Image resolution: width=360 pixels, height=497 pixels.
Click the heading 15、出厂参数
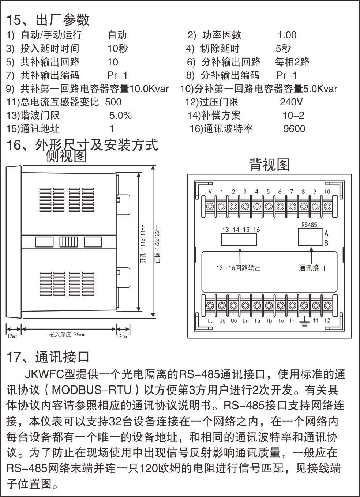coord(48,19)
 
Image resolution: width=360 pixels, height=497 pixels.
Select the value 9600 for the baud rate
coord(294,129)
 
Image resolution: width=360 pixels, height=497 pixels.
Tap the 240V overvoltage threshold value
coord(291,102)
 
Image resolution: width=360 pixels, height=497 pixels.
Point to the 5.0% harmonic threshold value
coord(120,116)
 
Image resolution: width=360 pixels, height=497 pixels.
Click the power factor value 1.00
coord(287,35)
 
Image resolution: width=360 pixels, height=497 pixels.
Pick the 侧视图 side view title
coord(66,156)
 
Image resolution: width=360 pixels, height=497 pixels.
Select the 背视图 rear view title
coord(269,165)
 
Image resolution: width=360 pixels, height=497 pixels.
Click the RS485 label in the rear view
coord(309,225)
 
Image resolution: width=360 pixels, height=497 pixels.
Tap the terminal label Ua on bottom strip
coord(210,321)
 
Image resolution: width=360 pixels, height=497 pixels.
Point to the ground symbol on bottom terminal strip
coord(304,321)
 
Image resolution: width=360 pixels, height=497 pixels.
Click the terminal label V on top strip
coord(210,191)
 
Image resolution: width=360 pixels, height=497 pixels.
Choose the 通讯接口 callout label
coord(312,268)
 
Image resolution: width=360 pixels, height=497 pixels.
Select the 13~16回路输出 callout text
coord(239,268)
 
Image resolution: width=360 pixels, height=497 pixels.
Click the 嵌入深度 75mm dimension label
coord(67,334)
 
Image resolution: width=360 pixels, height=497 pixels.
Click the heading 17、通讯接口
coord(48,357)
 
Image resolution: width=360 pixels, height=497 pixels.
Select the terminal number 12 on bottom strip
coord(327,320)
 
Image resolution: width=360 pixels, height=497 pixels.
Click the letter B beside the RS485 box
coord(326,243)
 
